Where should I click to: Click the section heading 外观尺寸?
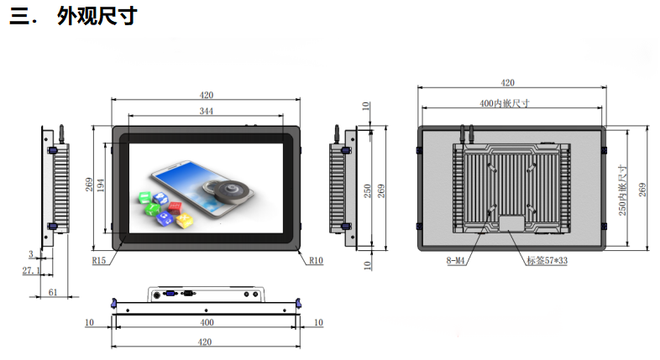97,17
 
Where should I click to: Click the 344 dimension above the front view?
207,111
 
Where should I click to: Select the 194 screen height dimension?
101,185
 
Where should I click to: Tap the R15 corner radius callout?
99,261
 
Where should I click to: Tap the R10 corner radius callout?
316,261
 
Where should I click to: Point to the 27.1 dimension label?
31,270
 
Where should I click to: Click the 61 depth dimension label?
53,292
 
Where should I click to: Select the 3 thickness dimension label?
31,254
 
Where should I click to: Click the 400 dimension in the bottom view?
207,322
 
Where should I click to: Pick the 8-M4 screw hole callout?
455,261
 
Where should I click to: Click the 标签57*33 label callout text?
547,261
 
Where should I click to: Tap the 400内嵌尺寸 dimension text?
505,103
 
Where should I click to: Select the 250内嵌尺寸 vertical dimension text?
622,190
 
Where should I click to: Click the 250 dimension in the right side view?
368,191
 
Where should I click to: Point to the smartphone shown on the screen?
202,189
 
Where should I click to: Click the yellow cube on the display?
185,220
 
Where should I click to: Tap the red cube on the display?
175,207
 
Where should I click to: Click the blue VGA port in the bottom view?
171,294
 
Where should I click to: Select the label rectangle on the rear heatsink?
512,223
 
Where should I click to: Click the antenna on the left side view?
61,133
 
